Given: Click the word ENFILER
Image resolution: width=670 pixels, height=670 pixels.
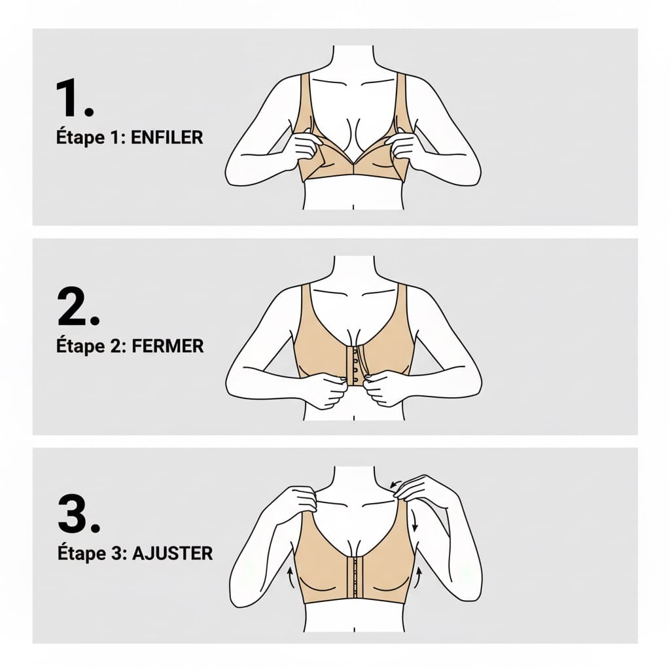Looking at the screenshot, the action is point(167,137).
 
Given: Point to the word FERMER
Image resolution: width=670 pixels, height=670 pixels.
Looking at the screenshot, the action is point(167,346).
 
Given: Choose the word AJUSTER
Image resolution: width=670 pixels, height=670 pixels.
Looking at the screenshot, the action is point(172,554).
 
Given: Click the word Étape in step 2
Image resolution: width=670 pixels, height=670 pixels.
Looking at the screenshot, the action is point(80,345).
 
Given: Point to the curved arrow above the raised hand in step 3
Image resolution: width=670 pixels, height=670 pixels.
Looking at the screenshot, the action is point(395,484).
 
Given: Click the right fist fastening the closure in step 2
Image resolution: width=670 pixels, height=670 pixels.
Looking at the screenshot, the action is point(383,388).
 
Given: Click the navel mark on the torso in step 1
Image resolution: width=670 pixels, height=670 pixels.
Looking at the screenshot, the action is point(353,207).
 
